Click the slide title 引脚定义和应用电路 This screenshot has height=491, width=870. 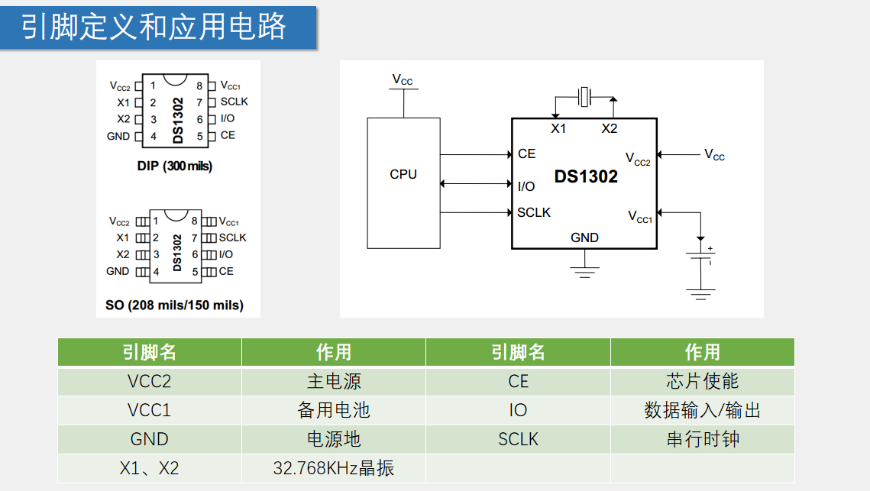pos(154,27)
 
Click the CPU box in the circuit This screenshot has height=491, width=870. pos(403,183)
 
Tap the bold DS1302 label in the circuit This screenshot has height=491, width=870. pos(586,177)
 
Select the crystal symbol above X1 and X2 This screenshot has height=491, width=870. pos(585,97)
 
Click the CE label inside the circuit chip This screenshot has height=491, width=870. pos(526,154)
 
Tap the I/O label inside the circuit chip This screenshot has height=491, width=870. pos(526,186)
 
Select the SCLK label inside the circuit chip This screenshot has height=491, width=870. pos(534,212)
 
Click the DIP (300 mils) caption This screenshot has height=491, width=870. pos(175,166)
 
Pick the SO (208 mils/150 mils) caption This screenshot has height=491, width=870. pos(175,305)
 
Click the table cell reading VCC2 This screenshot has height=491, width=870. pos(150,381)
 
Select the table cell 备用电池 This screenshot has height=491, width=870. pos(334,410)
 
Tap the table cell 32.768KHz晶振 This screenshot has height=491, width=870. pos(334,468)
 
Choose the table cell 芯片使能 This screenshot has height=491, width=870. pos(702,381)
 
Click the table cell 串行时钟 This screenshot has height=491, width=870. pos(702,439)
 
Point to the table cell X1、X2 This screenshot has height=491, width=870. pos(150,468)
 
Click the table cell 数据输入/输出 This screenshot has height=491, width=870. pos(702,410)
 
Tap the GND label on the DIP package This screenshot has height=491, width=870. pos(118,136)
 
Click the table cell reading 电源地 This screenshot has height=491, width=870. pos(334,439)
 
